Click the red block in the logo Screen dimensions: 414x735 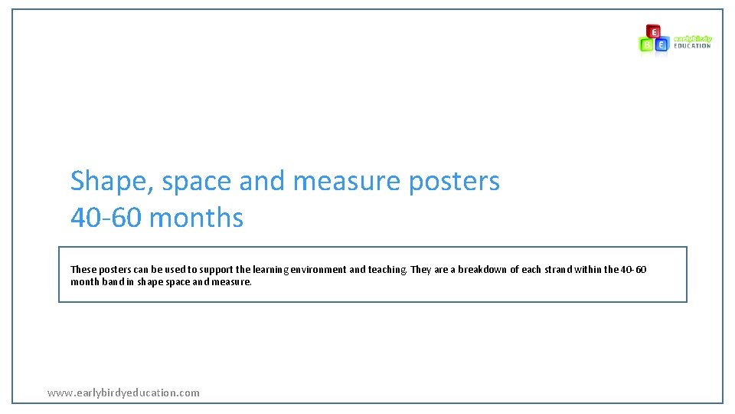pyautogui.click(x=653, y=31)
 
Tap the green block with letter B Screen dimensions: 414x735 pyautogui.click(x=647, y=44)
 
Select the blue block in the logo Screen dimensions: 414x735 pyautogui.click(x=662, y=44)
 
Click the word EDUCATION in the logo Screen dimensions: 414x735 pyautogui.click(x=692, y=46)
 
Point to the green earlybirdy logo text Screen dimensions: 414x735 pyautogui.click(x=692, y=38)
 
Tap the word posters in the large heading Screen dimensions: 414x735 pyautogui.click(x=454, y=182)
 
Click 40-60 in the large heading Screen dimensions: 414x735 pyautogui.click(x=106, y=219)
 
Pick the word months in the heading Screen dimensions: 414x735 pyautogui.click(x=197, y=219)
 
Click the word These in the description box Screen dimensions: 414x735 pyautogui.click(x=83, y=270)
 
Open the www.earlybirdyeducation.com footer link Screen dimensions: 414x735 pyautogui.click(x=123, y=393)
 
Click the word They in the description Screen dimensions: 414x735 pyautogui.click(x=422, y=270)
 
